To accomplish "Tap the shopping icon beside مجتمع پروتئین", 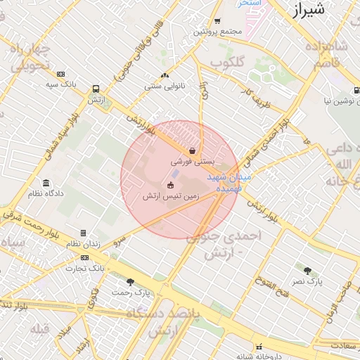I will click(x=217, y=21).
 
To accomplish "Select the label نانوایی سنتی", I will click(x=165, y=86).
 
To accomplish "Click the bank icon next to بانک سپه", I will click(x=61, y=74).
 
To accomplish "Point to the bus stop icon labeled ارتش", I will click(x=96, y=89).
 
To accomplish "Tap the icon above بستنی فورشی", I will click(x=192, y=150).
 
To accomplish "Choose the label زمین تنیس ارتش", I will click(x=170, y=195).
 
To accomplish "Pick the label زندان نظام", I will click(x=84, y=243).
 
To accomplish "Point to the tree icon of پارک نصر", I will click(x=307, y=270).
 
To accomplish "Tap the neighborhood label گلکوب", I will click(x=226, y=63).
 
